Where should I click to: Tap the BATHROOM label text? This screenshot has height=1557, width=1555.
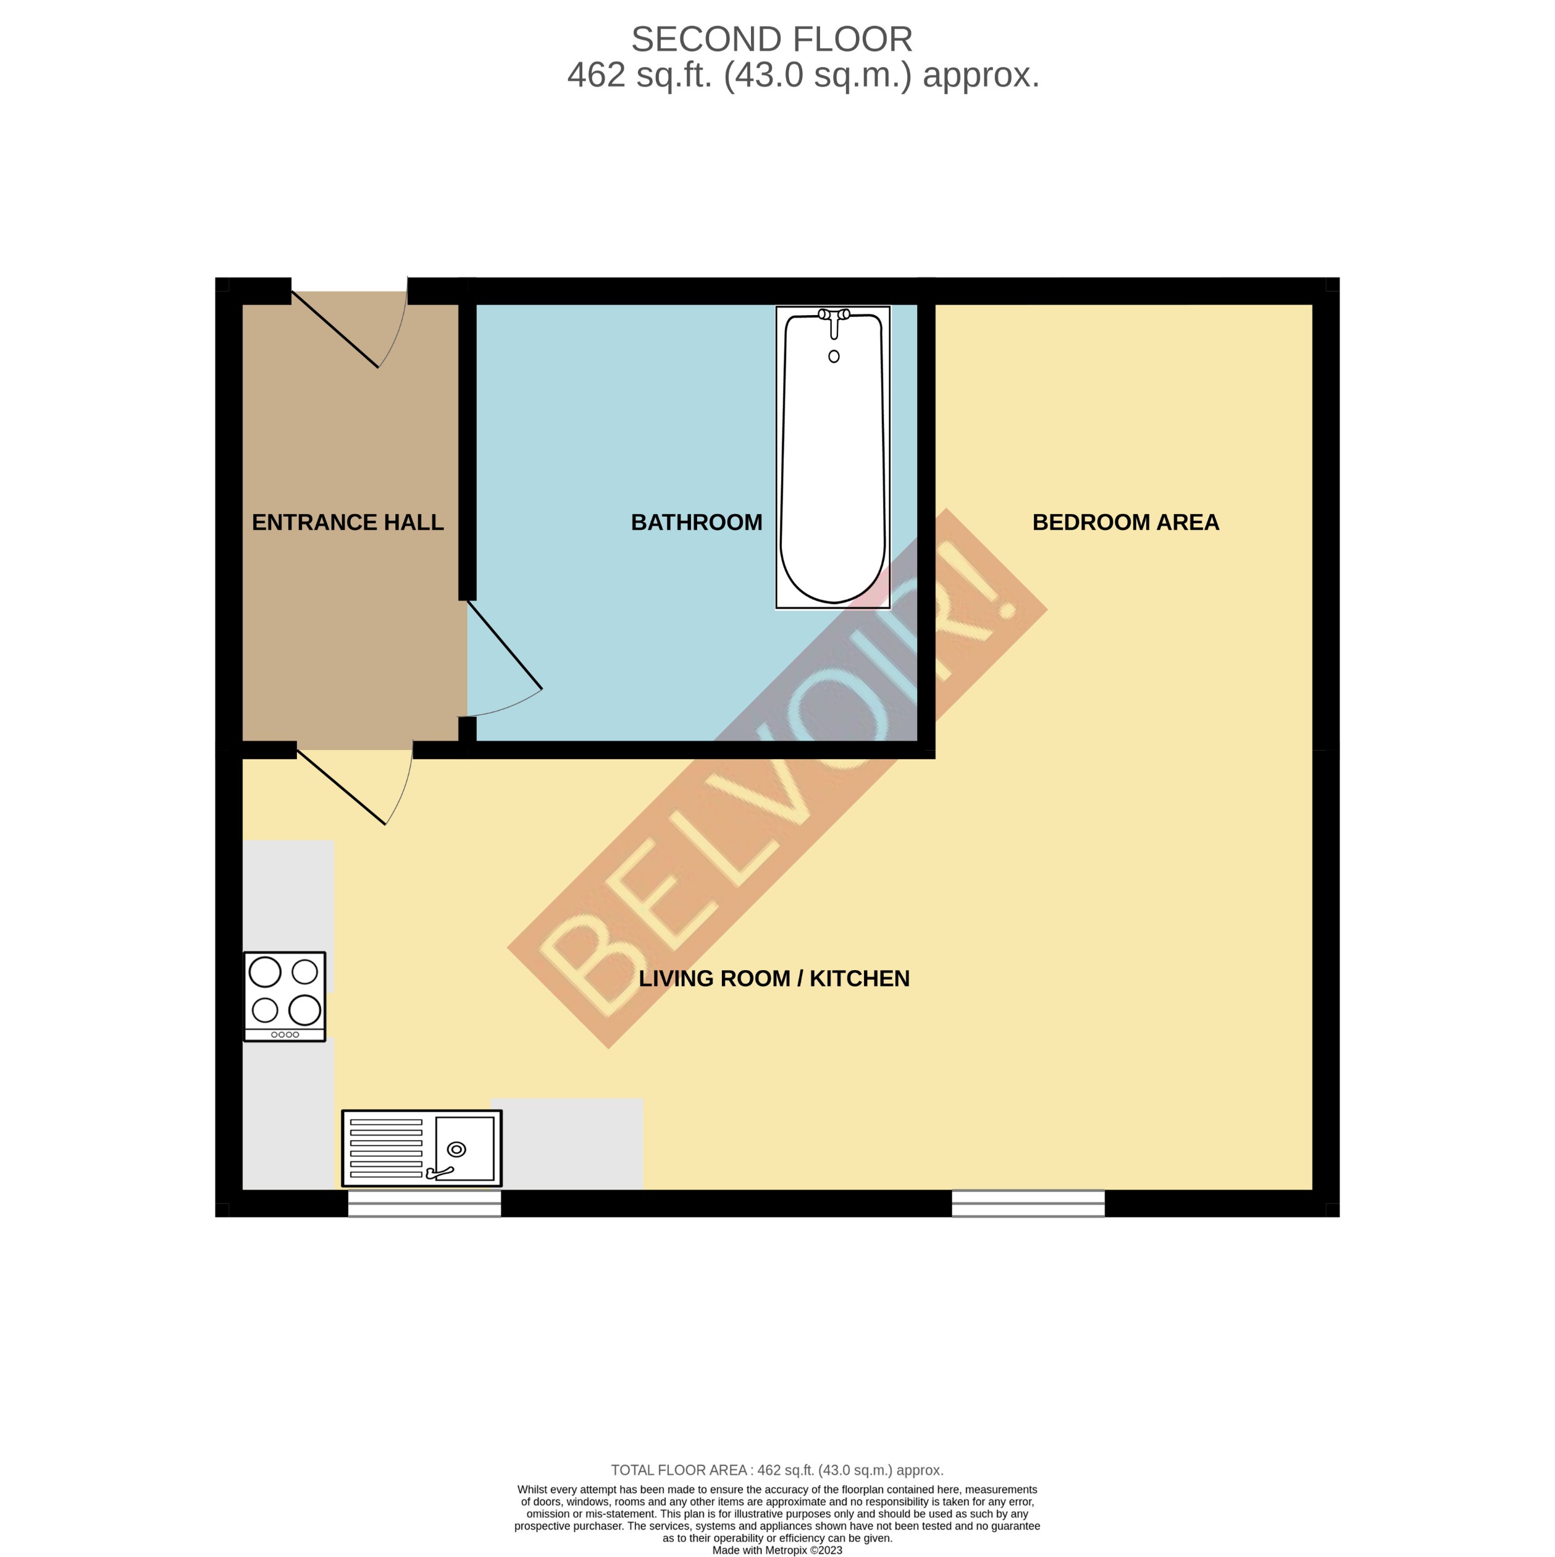pos(696,522)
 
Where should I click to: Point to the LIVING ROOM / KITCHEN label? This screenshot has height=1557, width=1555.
pos(773,978)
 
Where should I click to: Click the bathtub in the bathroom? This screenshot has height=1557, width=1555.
pos(833,468)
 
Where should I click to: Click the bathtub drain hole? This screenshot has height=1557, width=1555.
pos(834,357)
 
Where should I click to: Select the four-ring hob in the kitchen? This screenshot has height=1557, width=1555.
pos(285,996)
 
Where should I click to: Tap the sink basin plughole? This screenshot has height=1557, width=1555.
pos(456,1149)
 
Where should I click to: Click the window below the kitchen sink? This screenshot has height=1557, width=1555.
pos(425,1203)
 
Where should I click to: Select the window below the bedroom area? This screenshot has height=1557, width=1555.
pos(1028,1203)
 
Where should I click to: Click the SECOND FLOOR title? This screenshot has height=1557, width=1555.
pos(771,40)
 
